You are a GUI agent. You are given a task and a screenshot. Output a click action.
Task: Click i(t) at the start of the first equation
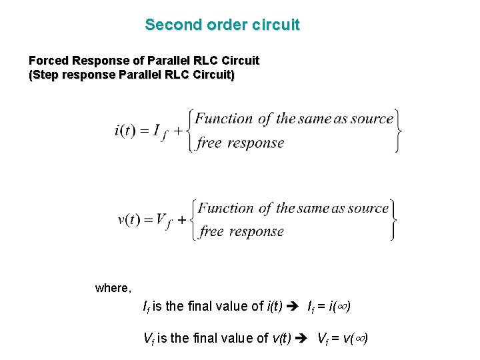click(125, 130)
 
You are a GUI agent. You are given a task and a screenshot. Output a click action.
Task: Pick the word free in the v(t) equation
click(211, 232)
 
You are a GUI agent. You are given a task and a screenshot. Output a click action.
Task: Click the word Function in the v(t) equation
click(225, 208)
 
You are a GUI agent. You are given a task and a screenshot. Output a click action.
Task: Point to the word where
click(113, 288)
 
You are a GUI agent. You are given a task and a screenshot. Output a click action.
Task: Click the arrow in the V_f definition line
click(304, 338)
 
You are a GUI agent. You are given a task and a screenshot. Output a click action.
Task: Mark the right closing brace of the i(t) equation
click(397, 130)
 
